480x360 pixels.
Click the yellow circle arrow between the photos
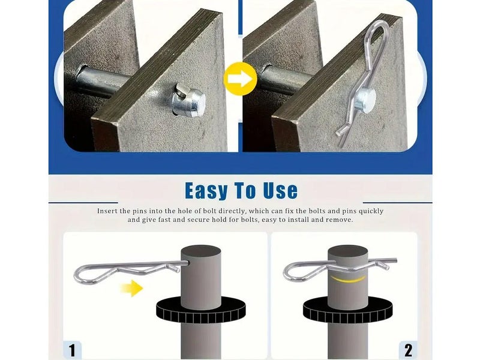coord(240,78)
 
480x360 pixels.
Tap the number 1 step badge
coord(73,349)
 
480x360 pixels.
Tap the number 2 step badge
coord(408,349)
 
